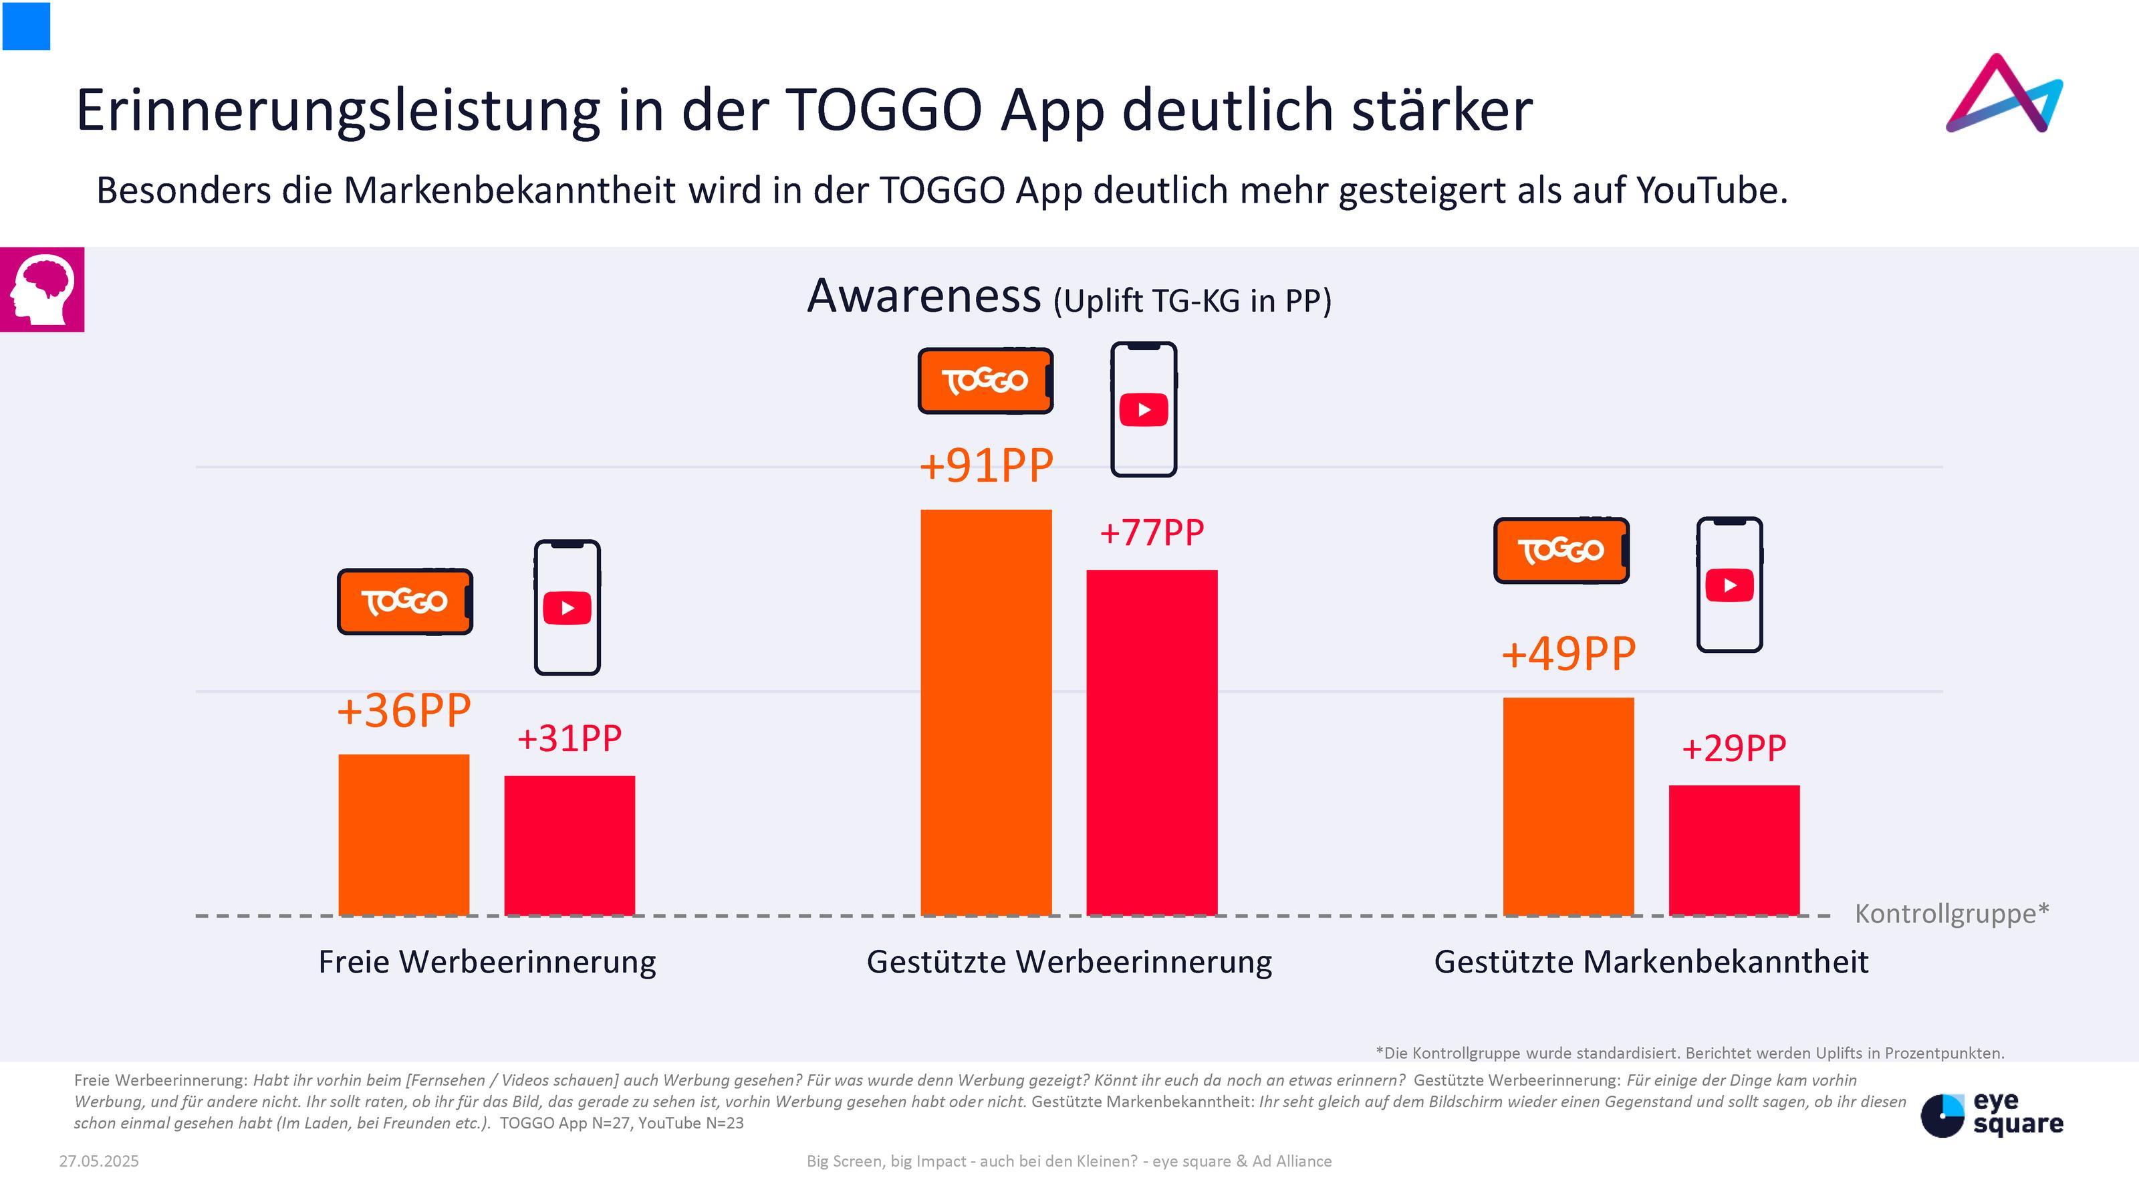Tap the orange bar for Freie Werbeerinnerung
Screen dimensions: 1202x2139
404,834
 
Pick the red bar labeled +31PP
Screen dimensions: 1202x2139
570,845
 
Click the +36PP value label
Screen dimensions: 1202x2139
404,711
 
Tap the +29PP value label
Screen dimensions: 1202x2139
1734,748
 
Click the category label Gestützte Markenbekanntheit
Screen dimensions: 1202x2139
1651,962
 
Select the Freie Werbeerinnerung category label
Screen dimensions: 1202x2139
487,962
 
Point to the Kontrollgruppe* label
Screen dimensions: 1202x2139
1951,914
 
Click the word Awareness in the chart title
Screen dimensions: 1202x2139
923,296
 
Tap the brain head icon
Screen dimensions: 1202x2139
41,289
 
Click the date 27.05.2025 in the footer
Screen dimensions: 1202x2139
99,1161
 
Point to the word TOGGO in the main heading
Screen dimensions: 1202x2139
884,110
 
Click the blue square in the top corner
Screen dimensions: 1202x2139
27,25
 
